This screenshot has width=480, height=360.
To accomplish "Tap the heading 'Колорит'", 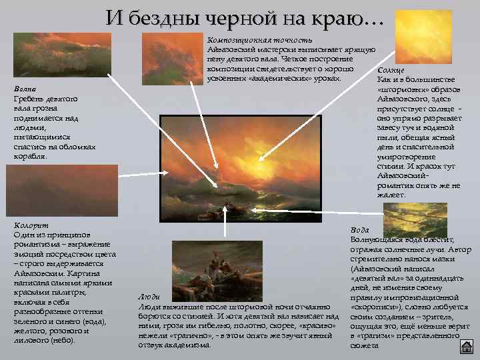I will (x=31, y=226).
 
